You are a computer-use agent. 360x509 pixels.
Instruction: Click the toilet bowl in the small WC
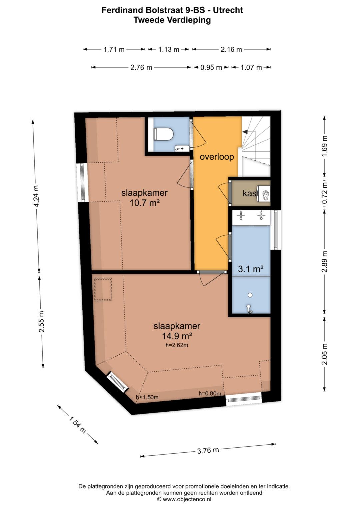(163, 134)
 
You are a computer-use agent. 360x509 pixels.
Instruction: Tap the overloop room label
(217, 157)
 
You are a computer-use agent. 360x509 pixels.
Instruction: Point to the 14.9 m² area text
(177, 336)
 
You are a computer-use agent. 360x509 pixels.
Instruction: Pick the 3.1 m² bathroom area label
(251, 269)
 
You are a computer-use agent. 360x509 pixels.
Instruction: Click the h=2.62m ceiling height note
(177, 346)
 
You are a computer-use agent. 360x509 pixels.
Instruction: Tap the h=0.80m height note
(210, 394)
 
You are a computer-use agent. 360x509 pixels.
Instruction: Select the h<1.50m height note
(147, 397)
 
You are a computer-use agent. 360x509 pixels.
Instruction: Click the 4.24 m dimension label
(36, 196)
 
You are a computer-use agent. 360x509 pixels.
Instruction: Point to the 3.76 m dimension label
(208, 450)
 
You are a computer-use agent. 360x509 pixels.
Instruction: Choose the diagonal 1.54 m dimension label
(77, 424)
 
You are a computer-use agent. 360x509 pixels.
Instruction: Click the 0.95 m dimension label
(211, 67)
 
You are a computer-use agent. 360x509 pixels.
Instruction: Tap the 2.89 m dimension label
(325, 262)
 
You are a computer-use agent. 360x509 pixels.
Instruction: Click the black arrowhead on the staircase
(245, 132)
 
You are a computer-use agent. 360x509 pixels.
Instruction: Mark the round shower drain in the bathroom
(250, 295)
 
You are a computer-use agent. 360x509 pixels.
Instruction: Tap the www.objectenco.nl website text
(187, 499)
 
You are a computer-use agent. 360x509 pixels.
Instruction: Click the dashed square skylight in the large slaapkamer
(103, 289)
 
